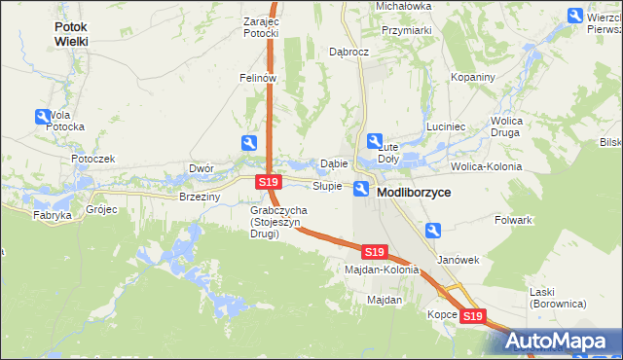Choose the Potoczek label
click(x=93, y=158)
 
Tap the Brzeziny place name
click(x=201, y=196)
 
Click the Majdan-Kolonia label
click(x=382, y=270)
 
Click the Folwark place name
click(x=513, y=220)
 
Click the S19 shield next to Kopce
click(x=472, y=316)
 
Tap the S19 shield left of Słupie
click(x=269, y=183)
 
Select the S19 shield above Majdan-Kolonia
click(x=375, y=252)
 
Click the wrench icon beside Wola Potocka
click(x=43, y=117)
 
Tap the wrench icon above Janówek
click(x=434, y=231)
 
